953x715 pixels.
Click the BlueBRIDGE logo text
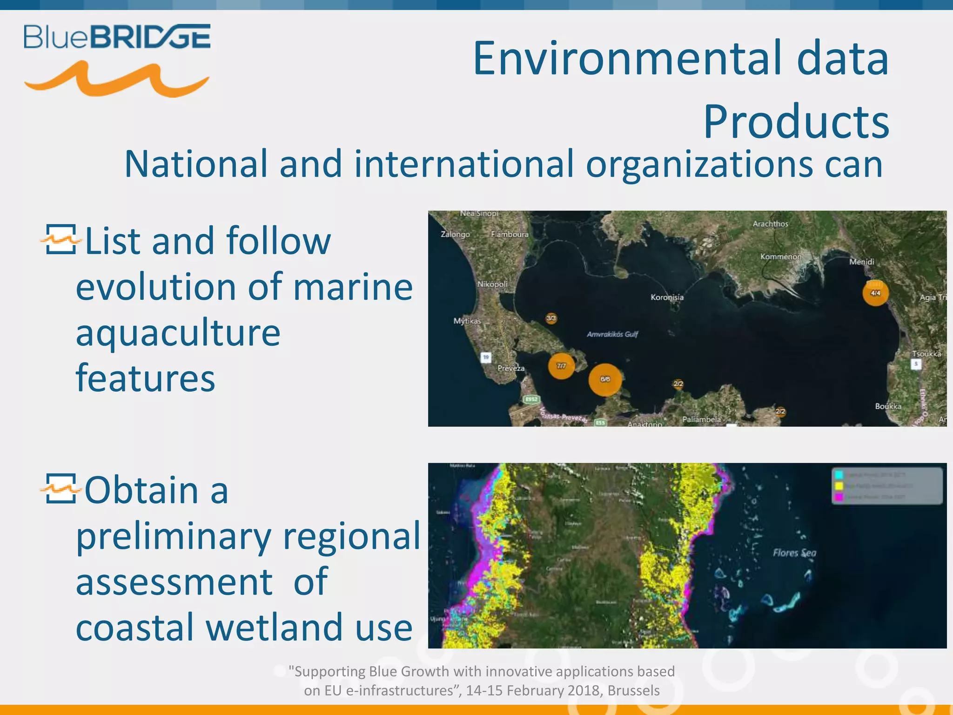117,37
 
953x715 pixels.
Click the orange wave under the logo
117,80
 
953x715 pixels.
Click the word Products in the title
796,122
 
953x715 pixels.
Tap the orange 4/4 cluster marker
875,293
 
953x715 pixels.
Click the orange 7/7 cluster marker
561,366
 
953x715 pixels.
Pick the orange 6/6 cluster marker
605,379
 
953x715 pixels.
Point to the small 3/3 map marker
551,318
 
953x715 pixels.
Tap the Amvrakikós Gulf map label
612,334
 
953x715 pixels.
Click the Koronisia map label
667,297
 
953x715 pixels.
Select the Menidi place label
861,262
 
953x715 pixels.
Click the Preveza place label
510,368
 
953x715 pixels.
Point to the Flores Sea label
794,553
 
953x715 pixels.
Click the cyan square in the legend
839,475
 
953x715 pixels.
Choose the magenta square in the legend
839,497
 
